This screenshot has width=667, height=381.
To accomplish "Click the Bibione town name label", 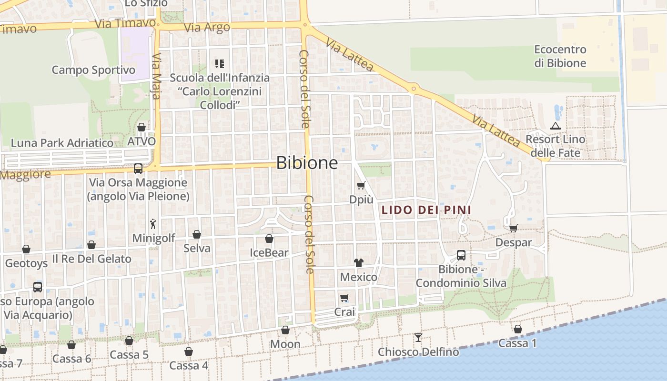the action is [307, 163].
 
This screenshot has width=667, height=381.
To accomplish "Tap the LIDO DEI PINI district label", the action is [426, 210].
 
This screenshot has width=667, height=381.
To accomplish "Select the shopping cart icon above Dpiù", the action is [361, 185].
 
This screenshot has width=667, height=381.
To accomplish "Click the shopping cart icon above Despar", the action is [513, 228].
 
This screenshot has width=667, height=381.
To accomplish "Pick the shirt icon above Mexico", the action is [359, 262].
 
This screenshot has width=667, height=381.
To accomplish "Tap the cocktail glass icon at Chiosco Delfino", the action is [418, 337].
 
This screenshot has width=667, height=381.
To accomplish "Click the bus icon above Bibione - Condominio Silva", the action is [461, 255].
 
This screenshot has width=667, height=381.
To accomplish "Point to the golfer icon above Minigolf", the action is [153, 223].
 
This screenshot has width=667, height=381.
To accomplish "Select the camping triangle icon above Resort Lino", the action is [555, 126].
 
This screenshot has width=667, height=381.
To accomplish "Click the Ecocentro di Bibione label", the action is [560, 56].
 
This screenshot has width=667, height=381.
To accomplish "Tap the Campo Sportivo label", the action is [93, 70].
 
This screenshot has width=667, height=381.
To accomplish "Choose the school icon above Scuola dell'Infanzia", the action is [220, 63].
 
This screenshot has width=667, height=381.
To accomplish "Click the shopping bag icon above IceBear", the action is [269, 239].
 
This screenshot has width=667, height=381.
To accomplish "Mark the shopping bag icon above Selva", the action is [197, 234].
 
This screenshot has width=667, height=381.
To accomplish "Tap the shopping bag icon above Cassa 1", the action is [518, 329].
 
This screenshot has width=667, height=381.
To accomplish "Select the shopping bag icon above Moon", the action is [285, 330].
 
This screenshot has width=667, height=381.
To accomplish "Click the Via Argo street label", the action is [207, 28].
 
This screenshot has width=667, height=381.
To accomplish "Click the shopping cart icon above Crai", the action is [344, 298].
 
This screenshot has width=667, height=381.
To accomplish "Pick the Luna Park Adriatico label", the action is [62, 143].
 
